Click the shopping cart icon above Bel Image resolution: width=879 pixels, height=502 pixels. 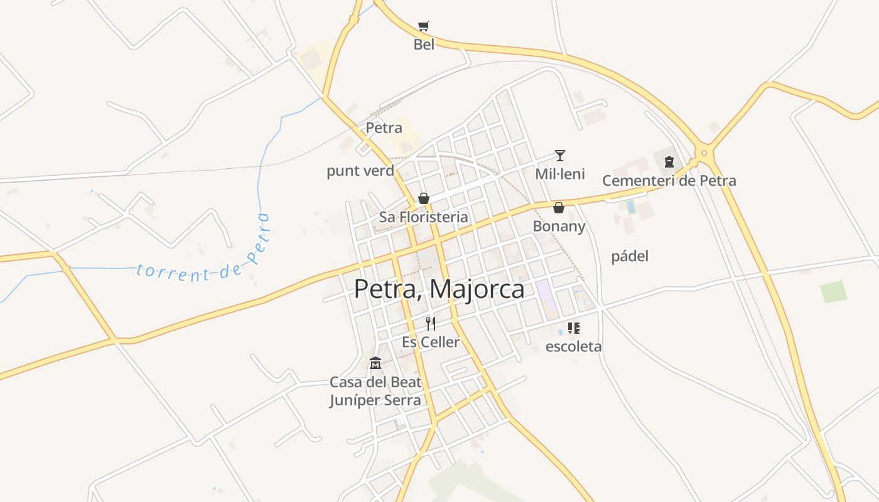pos(424,26)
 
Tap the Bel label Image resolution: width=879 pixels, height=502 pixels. pos(424,45)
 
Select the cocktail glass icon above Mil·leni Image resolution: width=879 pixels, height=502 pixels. pos(560,155)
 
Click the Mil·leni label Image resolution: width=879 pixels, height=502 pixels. pos(560,174)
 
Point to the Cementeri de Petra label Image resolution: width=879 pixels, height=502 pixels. pos(669,181)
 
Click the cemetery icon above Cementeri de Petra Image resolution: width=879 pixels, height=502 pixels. pos(669,162)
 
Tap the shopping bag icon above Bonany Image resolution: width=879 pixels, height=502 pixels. pos(558,208)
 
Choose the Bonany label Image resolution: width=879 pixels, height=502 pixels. pos(559,226)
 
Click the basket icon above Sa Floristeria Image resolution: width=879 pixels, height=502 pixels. pos(424,198)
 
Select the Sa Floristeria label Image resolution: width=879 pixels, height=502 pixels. pos(424,217)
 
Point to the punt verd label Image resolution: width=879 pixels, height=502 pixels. pos(360,171)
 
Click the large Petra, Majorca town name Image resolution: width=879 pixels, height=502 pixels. pos(439,289)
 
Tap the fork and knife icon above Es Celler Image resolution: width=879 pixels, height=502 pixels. pos(431,323)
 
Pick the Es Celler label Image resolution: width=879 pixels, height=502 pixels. pos(431,342)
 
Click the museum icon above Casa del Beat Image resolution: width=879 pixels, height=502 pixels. pos(375,363)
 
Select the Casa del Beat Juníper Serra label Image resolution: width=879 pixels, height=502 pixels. pos(375,391)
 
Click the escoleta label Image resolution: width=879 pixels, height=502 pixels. pos(573,346)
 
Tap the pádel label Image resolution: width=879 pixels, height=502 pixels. pos(630,256)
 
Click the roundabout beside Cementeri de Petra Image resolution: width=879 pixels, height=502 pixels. pos(704,152)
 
